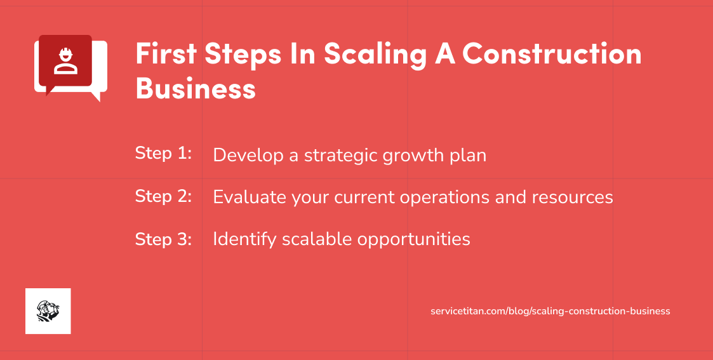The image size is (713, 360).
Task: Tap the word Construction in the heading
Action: pyautogui.click(x=552, y=55)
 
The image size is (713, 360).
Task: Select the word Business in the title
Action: pyautogui.click(x=196, y=88)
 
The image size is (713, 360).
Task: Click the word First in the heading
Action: pyautogui.click(x=166, y=55)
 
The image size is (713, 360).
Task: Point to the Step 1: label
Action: pyautogui.click(x=163, y=154)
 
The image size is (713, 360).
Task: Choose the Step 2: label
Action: pyautogui.click(x=163, y=196)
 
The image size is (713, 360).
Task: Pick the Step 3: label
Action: pyautogui.click(x=163, y=239)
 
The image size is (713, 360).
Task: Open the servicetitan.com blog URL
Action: pyautogui.click(x=550, y=311)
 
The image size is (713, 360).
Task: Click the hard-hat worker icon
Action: pyautogui.click(x=65, y=61)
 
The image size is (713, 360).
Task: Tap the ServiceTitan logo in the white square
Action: pyautogui.click(x=48, y=311)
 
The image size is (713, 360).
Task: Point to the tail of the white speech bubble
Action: pyautogui.click(x=96, y=97)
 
